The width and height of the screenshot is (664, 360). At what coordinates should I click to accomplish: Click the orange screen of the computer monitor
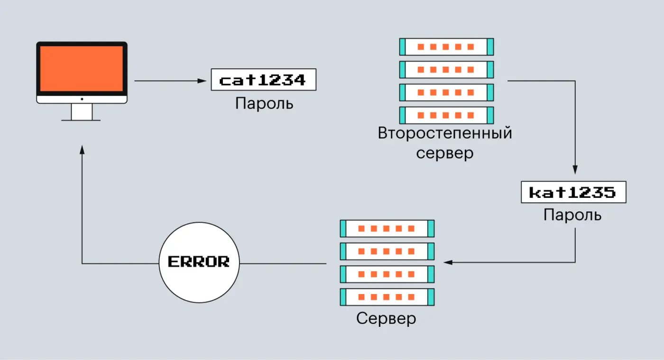pyautogui.click(x=82, y=69)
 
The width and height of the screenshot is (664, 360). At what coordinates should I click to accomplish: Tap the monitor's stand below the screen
pyautogui.click(x=82, y=112)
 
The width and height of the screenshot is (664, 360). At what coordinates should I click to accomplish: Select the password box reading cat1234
pyautogui.click(x=263, y=80)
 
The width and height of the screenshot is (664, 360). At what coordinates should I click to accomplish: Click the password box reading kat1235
pyautogui.click(x=573, y=192)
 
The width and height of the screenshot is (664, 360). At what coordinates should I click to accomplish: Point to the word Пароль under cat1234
pyautogui.click(x=264, y=103)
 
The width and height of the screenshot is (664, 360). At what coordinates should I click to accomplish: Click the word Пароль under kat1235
pyautogui.click(x=572, y=215)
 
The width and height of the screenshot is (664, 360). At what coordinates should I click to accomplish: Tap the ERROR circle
pyautogui.click(x=199, y=262)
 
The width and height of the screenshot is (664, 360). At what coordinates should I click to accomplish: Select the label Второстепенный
pyautogui.click(x=445, y=133)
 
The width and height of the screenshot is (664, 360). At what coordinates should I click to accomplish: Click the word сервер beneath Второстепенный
pyautogui.click(x=444, y=153)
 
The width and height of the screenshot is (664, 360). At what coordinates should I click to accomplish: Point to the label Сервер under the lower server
pyautogui.click(x=386, y=318)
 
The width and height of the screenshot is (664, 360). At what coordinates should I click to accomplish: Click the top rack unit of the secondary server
pyautogui.click(x=446, y=47)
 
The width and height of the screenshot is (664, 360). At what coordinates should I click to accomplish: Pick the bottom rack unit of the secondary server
pyautogui.click(x=446, y=115)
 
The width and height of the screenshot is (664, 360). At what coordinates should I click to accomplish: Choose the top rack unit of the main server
pyautogui.click(x=387, y=228)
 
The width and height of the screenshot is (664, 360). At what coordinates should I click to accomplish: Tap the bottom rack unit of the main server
pyautogui.click(x=387, y=297)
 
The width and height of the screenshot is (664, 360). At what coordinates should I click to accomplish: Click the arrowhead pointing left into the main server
pyautogui.click(x=447, y=262)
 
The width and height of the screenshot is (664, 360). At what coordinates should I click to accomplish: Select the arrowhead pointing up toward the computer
pyautogui.click(x=82, y=149)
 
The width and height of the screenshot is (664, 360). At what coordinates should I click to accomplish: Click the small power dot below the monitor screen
pyautogui.click(x=82, y=99)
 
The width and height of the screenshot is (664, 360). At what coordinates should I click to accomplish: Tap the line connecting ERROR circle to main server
pyautogui.click(x=283, y=263)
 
